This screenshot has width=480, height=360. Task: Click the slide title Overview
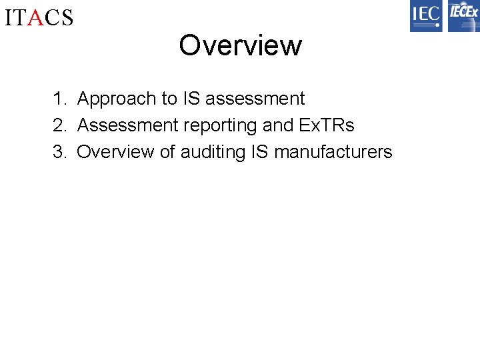(x=240, y=45)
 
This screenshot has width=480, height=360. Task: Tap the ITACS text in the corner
(x=39, y=17)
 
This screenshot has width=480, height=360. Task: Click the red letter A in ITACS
(x=37, y=17)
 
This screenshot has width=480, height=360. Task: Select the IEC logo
(x=426, y=16)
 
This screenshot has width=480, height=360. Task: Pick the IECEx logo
(x=463, y=16)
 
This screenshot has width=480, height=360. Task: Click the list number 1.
(x=59, y=99)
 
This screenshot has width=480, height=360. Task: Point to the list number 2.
(x=59, y=125)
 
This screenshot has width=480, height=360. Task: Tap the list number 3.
(x=59, y=152)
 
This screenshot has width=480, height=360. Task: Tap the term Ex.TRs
(x=326, y=125)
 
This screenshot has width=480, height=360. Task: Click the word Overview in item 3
(x=115, y=152)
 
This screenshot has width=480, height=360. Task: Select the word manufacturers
(x=333, y=152)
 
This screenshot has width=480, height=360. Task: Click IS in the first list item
(x=191, y=99)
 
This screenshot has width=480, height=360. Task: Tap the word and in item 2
(x=276, y=125)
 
